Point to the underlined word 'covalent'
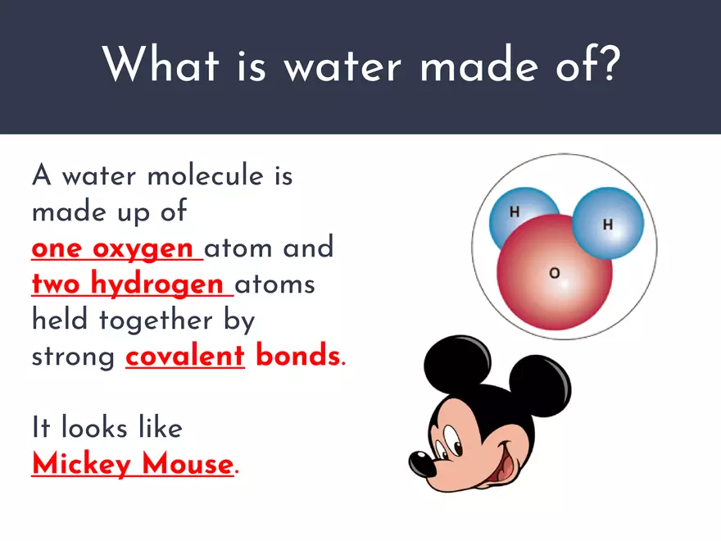185,356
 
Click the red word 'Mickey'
81,464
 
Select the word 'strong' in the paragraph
73,357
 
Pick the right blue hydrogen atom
607,224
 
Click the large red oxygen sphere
555,279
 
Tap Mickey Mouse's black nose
423,464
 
